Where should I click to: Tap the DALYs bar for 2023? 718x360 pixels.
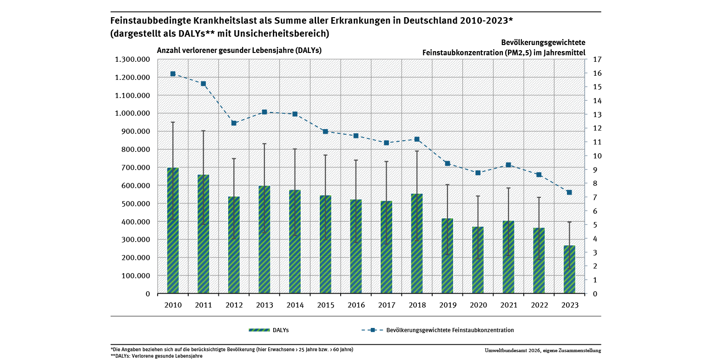click(x=569, y=270)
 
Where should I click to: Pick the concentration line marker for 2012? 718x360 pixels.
click(x=234, y=123)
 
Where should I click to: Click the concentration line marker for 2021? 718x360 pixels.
click(x=508, y=165)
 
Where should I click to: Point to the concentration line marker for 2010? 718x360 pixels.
click(x=173, y=74)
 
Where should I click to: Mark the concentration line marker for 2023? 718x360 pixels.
click(x=569, y=192)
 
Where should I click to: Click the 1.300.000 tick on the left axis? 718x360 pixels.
click(x=132, y=59)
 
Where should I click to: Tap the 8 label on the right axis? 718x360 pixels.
click(x=595, y=183)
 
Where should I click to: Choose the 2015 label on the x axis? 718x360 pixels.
click(x=325, y=305)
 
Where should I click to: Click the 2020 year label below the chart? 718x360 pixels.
click(x=478, y=305)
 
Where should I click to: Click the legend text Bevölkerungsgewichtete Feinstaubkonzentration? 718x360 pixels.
click(x=450, y=330)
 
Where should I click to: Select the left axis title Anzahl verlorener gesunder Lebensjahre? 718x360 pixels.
click(x=228, y=51)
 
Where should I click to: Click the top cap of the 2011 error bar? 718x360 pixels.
click(x=203, y=131)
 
